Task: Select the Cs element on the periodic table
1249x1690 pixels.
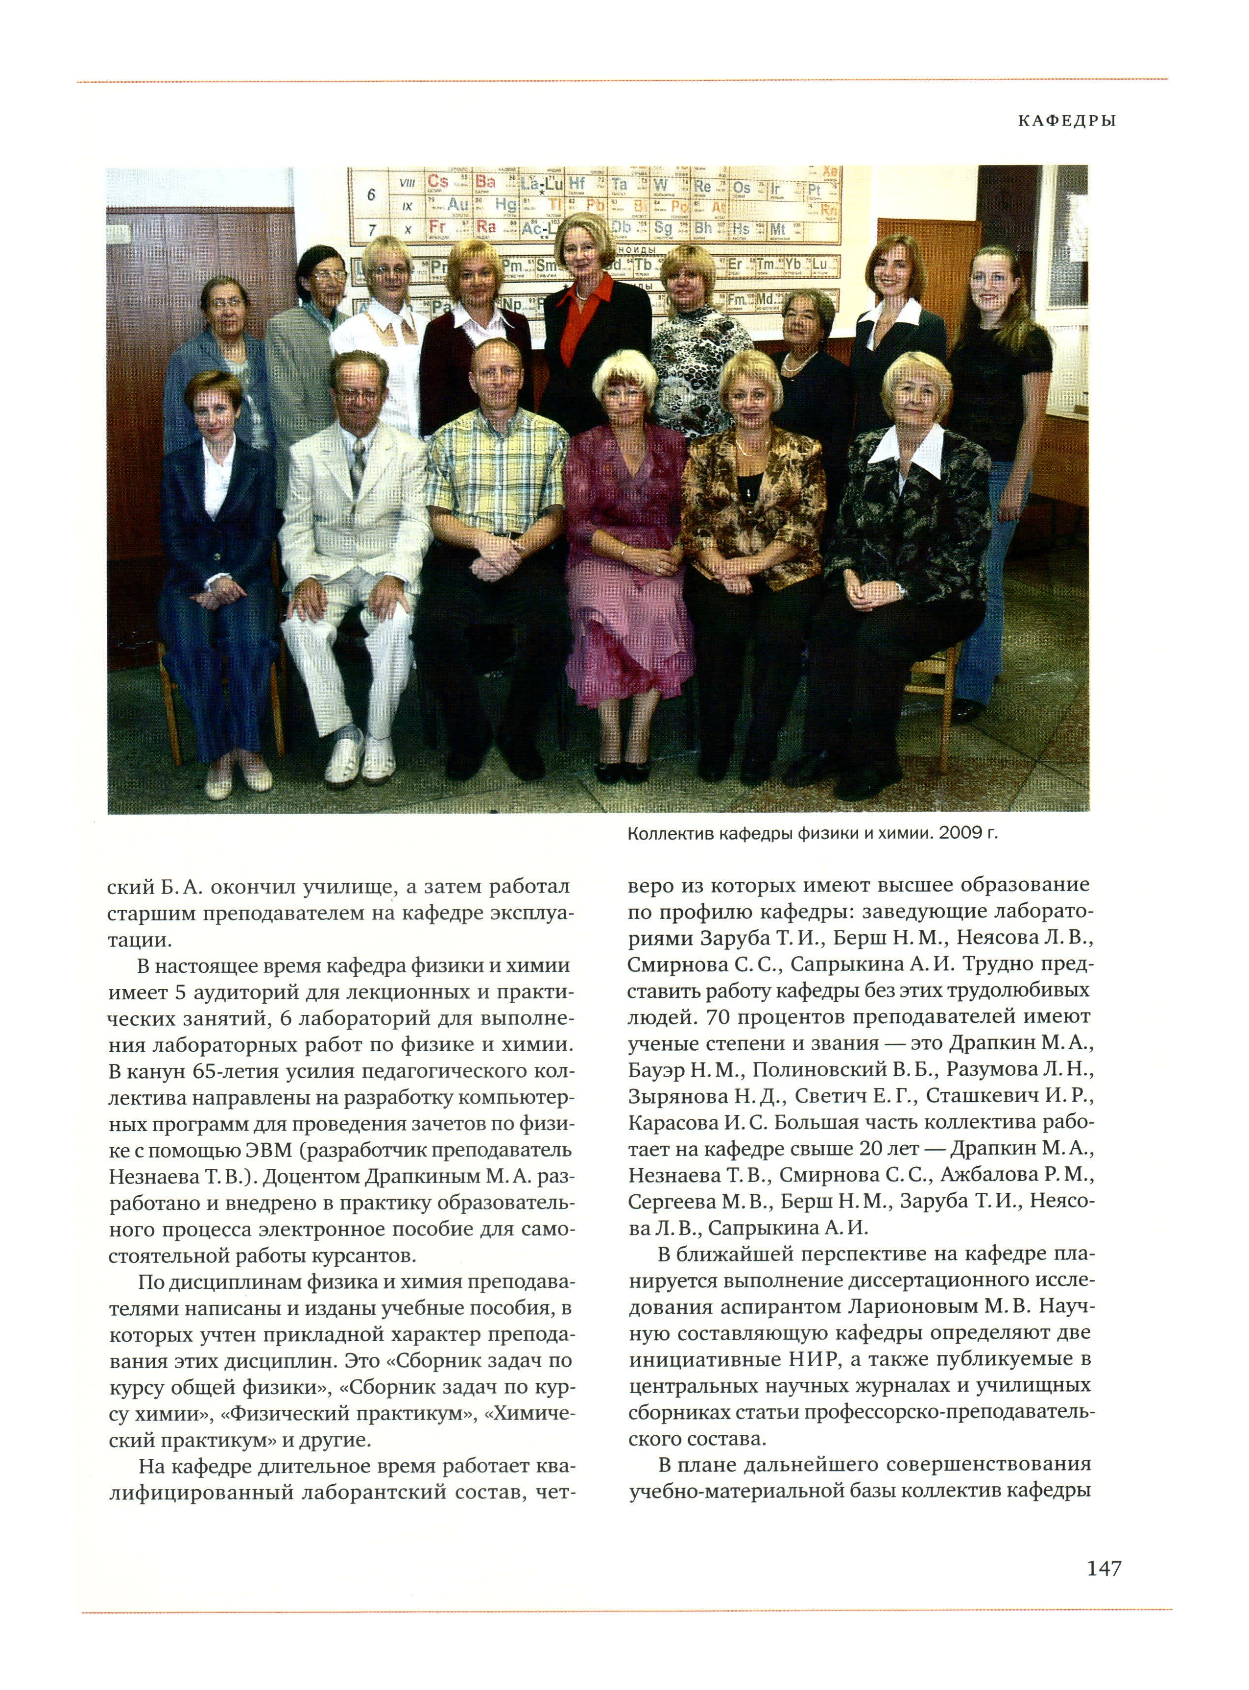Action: tap(437, 181)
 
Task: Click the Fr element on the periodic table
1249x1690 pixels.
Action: tap(437, 227)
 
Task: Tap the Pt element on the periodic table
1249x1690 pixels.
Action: tap(814, 189)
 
